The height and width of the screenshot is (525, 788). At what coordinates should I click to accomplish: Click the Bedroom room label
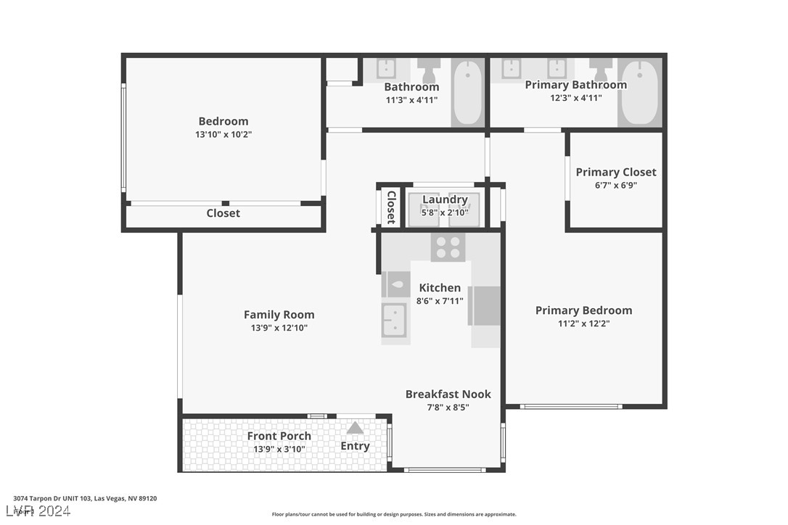(x=223, y=121)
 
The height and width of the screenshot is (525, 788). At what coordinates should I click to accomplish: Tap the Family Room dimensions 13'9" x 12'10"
(x=279, y=328)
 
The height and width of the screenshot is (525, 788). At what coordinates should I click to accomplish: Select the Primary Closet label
(x=615, y=172)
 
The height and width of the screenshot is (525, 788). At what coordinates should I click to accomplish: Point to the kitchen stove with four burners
(x=448, y=247)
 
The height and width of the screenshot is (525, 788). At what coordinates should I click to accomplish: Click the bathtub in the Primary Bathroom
(x=640, y=92)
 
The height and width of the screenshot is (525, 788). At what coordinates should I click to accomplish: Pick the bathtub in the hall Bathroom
(x=467, y=92)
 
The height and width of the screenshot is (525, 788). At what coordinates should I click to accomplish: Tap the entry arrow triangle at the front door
(x=355, y=428)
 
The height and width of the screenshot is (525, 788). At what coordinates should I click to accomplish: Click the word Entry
(x=355, y=446)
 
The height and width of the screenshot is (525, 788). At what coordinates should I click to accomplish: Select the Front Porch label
(x=279, y=436)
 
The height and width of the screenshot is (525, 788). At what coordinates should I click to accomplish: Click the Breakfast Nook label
(x=448, y=394)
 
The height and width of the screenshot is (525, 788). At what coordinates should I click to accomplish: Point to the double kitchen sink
(x=395, y=320)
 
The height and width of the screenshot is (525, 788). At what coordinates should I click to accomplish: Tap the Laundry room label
(x=445, y=199)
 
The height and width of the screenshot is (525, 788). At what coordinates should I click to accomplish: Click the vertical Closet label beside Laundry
(x=391, y=207)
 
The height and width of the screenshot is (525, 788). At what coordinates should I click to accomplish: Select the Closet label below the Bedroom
(x=223, y=213)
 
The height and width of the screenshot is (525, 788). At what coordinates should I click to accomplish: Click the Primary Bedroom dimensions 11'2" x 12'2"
(x=583, y=323)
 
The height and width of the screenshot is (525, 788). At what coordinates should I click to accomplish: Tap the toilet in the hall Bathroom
(x=428, y=70)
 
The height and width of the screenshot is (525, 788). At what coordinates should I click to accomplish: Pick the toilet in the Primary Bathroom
(x=601, y=70)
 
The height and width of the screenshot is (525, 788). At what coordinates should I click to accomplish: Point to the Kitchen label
(x=440, y=287)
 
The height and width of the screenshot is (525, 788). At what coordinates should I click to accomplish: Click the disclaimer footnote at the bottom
(x=394, y=514)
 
